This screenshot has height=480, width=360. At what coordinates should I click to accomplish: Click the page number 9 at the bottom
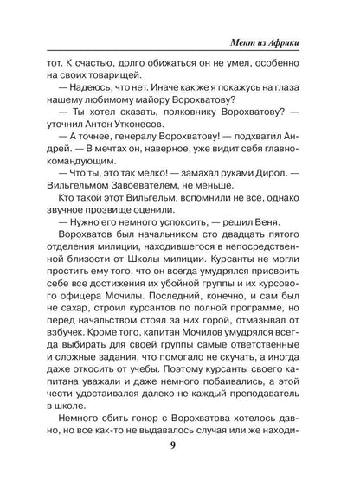pyautogui.click(x=180, y=448)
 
